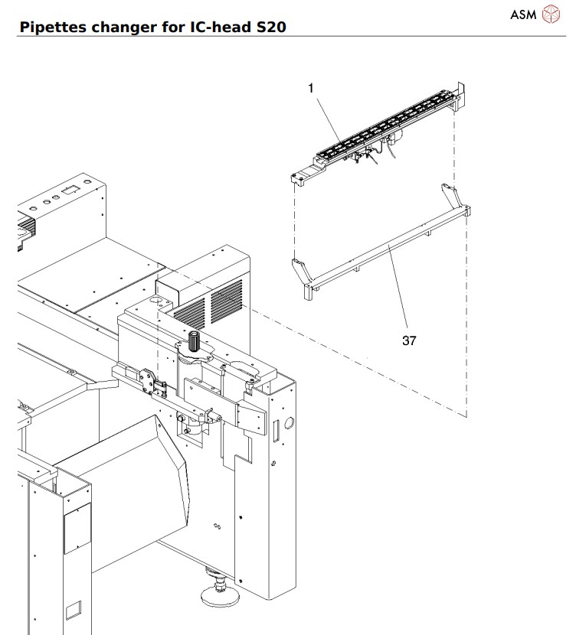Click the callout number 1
[311, 89]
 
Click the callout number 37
[409, 340]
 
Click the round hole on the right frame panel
[290, 422]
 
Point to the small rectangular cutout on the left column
[73, 610]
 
